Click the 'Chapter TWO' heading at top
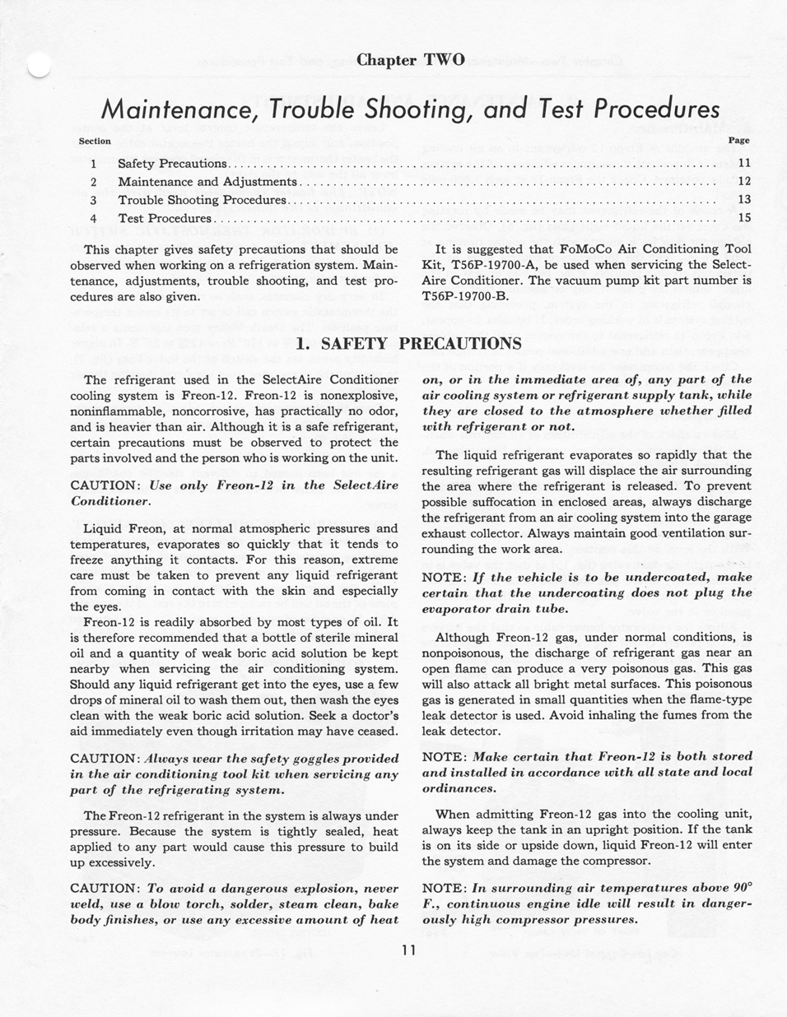click(411, 60)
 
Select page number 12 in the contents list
click(744, 182)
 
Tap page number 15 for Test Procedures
click(744, 218)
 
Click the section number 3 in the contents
click(94, 200)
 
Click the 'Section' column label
click(95, 142)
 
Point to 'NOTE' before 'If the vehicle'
click(444, 578)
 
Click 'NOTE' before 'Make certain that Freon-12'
click(444, 756)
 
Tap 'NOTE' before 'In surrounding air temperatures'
click(444, 889)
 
